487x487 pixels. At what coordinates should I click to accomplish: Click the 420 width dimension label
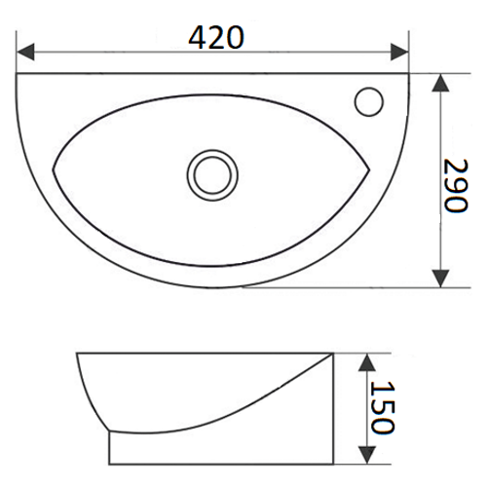216,37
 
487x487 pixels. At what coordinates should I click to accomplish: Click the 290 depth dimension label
456,185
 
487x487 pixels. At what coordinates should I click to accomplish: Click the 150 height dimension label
383,407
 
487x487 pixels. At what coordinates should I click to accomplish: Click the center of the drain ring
212,175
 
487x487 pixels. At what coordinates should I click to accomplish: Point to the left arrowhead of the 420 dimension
25,52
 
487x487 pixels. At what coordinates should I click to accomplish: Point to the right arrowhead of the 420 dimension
399,52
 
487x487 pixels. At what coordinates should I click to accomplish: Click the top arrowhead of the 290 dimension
440,83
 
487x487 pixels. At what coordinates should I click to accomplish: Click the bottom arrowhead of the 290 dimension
440,279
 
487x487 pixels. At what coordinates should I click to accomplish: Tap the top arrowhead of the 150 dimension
367,362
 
